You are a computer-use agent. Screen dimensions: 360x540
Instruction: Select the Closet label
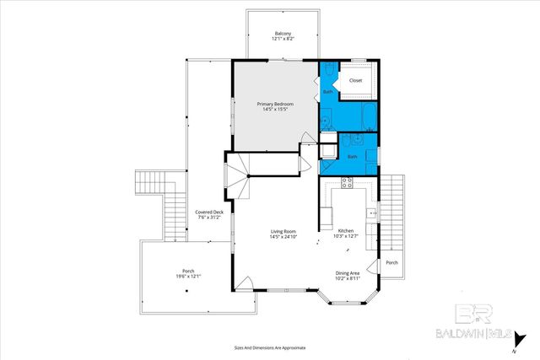(355, 81)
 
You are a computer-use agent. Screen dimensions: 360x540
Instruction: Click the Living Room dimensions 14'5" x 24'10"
(283, 237)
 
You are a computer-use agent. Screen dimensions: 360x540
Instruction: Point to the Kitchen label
(346, 231)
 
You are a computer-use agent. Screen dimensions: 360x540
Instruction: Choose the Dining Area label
(348, 272)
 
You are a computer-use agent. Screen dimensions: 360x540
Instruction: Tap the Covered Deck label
(209, 214)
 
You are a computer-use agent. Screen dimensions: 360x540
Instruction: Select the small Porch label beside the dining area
(391, 262)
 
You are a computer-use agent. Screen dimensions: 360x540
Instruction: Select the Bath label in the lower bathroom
(352, 156)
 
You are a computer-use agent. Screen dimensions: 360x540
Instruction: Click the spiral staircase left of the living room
(237, 176)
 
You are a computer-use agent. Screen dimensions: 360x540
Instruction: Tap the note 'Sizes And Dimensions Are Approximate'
(270, 347)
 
